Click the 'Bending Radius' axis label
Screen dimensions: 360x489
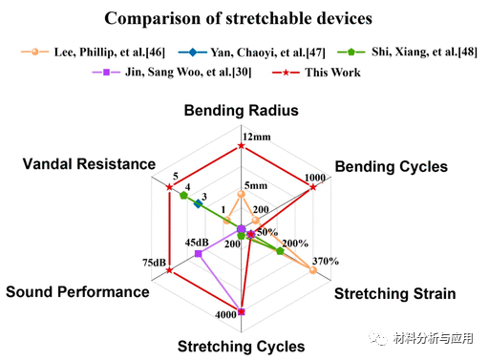pyautogui.click(x=242, y=111)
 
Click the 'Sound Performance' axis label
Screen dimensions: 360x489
pyautogui.click(x=77, y=291)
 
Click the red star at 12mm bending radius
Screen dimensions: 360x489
pyautogui.click(x=242, y=147)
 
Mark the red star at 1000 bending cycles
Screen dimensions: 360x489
pyautogui.click(x=313, y=188)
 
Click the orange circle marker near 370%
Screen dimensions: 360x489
pyautogui.click(x=313, y=270)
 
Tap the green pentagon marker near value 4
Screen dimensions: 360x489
pyautogui.click(x=183, y=195)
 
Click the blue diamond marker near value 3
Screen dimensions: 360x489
pyautogui.click(x=198, y=203)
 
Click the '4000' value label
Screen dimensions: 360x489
pyautogui.click(x=225, y=315)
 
